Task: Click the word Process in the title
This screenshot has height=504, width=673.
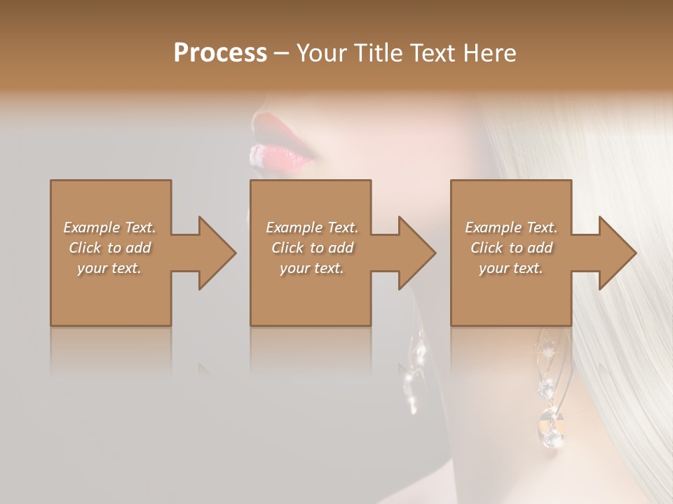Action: pyautogui.click(x=220, y=53)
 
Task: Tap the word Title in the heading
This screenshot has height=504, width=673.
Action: pyautogui.click(x=376, y=53)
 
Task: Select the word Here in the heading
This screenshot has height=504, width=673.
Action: pyautogui.click(x=489, y=53)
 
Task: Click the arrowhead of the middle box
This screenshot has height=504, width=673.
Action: pyautogui.click(x=416, y=253)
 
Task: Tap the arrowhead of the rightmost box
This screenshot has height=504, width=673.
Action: pyautogui.click(x=616, y=253)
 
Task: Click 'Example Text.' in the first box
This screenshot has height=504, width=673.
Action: pyautogui.click(x=110, y=227)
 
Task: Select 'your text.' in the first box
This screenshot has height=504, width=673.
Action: pyautogui.click(x=110, y=268)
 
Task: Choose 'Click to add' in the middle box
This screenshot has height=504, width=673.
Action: pyautogui.click(x=312, y=248)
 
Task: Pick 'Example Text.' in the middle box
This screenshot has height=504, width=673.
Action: pyautogui.click(x=312, y=227)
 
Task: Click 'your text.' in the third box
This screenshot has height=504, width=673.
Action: pyautogui.click(x=511, y=268)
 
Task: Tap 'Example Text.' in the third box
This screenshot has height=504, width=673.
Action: pyautogui.click(x=511, y=227)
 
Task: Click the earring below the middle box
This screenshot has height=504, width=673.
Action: pyautogui.click(x=416, y=371)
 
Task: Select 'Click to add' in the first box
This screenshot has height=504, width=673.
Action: pyautogui.click(x=110, y=248)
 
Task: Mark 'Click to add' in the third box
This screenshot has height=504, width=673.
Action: pyautogui.click(x=511, y=248)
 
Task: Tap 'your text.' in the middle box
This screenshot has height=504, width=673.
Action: pyautogui.click(x=312, y=268)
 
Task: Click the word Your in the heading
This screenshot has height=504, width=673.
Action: pyautogui.click(x=320, y=53)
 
